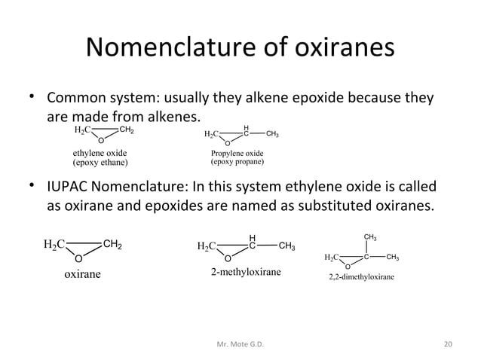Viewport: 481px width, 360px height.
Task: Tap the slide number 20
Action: coord(449,344)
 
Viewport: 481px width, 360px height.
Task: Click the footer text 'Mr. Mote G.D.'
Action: coord(240,344)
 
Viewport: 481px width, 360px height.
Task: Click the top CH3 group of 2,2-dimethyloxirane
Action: coord(370,238)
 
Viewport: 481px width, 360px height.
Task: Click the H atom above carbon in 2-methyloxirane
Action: coord(253,237)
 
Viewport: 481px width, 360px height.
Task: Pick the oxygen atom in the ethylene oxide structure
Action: coord(101,139)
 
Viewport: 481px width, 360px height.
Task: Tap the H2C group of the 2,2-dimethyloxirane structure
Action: coord(332,258)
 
